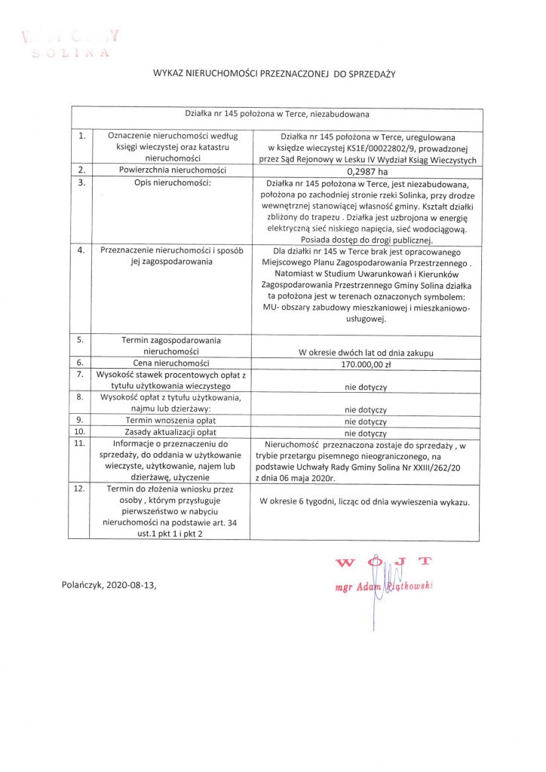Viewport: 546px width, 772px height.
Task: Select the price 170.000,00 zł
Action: pos(366,364)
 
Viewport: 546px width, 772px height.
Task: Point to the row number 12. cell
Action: pos(81,489)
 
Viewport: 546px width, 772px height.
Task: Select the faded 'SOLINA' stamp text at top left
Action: pos(72,54)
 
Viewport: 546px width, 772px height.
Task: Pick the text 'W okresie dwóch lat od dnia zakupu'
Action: pos(366,352)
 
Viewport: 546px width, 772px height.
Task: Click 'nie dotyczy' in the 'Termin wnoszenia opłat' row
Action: pos(366,421)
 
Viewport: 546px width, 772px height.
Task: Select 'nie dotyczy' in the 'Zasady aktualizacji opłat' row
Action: pos(366,433)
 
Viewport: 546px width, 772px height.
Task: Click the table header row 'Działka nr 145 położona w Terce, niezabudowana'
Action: pos(276,114)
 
